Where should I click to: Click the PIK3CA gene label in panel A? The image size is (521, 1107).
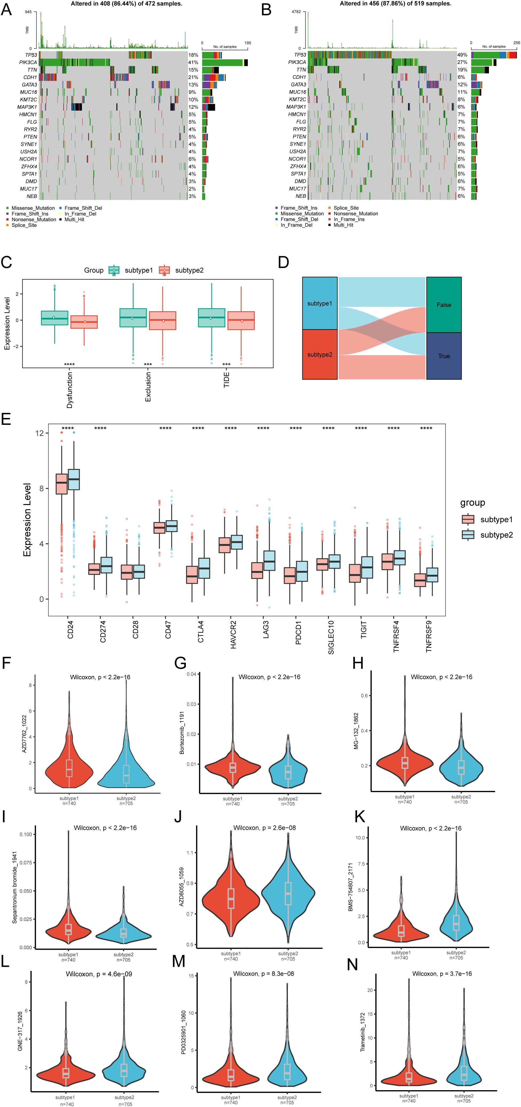(28, 62)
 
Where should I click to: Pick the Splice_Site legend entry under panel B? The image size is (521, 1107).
(346, 208)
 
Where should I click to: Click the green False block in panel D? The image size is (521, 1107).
(444, 305)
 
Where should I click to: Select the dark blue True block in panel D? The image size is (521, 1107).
(444, 356)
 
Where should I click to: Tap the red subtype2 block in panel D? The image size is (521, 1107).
(320, 355)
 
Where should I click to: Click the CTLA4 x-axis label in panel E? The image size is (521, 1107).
(201, 631)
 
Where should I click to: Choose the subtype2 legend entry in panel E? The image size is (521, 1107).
(496, 535)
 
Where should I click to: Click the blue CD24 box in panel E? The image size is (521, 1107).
(74, 479)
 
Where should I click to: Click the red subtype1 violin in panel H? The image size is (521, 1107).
(405, 763)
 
